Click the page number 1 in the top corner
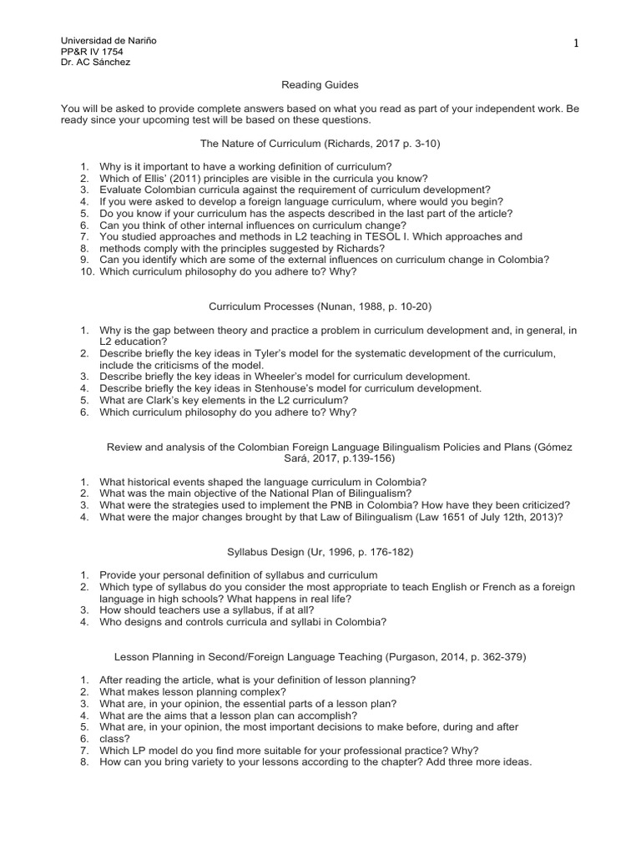point(576,44)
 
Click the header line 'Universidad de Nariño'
point(109,41)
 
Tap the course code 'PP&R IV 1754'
point(93,52)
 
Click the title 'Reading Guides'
point(320,84)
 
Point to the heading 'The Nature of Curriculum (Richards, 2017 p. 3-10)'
point(320,144)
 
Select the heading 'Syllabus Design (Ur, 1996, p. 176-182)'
point(320,553)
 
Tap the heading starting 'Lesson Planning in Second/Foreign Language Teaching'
point(320,657)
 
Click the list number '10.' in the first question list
point(88,271)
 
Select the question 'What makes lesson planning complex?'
point(192,692)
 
